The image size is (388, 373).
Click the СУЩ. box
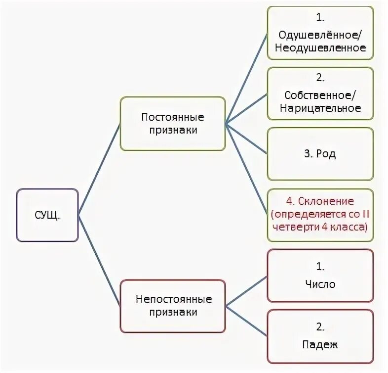tap(47, 215)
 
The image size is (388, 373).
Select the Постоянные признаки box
tap(173, 124)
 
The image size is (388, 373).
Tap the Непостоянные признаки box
tap(173, 306)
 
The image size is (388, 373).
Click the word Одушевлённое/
tap(321, 36)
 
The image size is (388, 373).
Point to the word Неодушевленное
tap(321, 48)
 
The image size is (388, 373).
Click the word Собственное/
tap(321, 95)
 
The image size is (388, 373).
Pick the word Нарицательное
tap(321, 108)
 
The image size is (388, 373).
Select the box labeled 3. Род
tap(320, 154)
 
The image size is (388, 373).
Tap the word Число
tap(320, 284)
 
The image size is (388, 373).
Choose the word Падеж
tap(320, 344)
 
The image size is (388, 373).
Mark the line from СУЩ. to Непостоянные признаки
tap(99, 260)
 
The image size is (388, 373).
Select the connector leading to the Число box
tap(246, 290)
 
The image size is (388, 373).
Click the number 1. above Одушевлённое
tap(321, 17)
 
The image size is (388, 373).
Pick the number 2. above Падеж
tap(320, 326)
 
